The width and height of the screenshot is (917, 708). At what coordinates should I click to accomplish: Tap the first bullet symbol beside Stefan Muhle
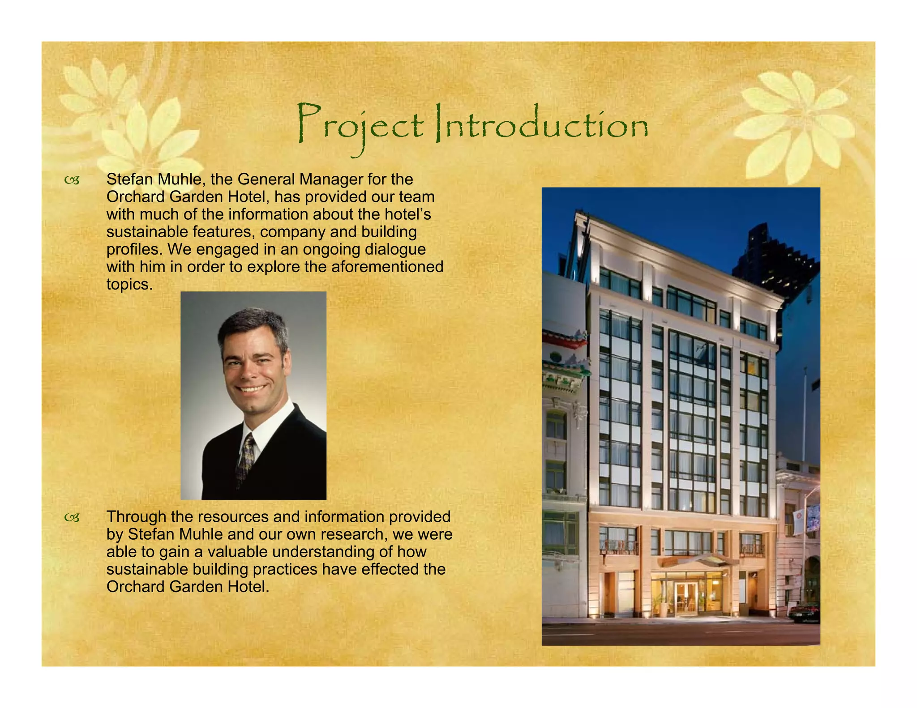tap(72, 180)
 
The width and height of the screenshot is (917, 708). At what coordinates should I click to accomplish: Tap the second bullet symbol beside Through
tap(72, 518)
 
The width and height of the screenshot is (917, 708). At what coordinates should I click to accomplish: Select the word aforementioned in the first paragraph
tap(387, 267)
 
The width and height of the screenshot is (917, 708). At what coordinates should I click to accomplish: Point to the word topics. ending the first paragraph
tap(129, 285)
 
